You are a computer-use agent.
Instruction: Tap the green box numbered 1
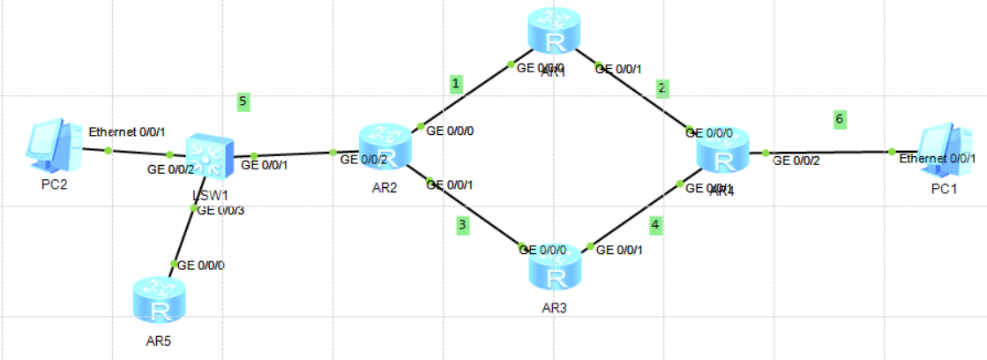coord(456,84)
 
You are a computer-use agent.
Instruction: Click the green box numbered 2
coord(662,87)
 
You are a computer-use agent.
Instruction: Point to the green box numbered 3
coord(462,226)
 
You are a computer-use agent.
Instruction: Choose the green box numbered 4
coord(654,225)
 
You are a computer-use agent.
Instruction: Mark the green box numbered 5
coord(243,101)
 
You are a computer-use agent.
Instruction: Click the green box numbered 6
coord(840,119)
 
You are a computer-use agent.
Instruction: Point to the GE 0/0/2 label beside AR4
coord(796,161)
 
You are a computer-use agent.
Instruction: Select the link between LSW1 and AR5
coord(183,236)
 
